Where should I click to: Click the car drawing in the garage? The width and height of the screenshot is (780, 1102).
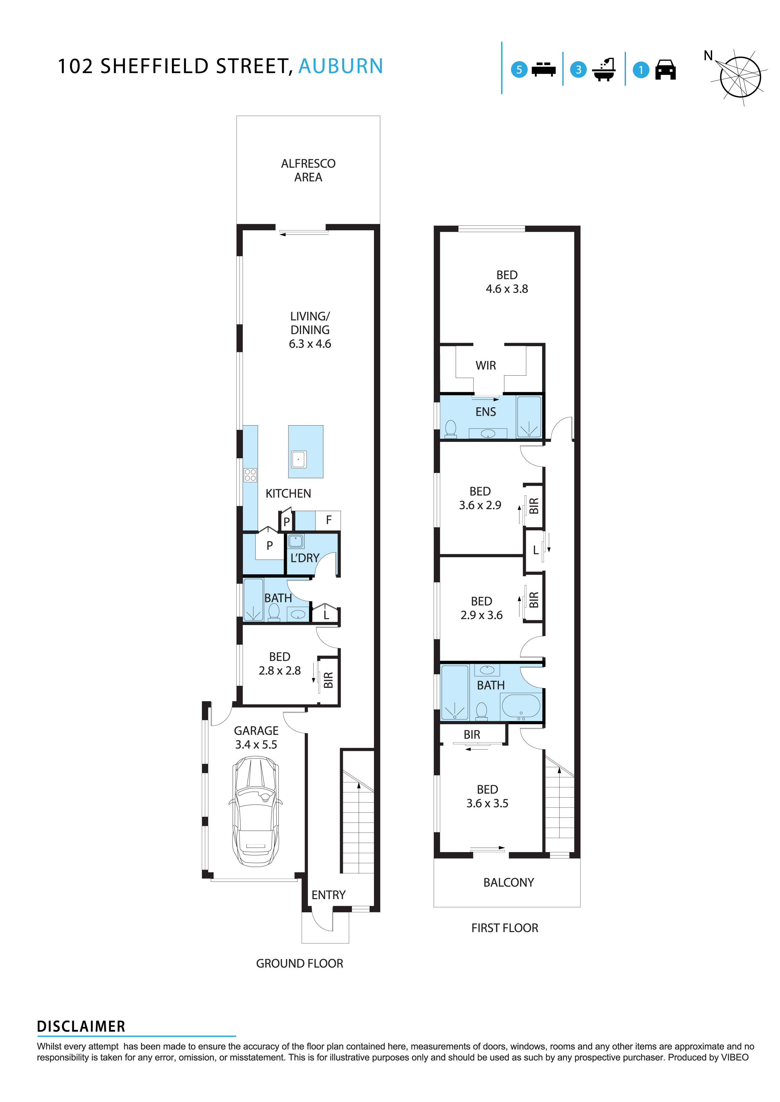point(255,811)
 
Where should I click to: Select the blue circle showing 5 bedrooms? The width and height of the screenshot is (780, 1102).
point(519,70)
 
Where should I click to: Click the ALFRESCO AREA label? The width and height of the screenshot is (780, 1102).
point(308,171)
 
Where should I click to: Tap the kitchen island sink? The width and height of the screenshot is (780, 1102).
point(298,459)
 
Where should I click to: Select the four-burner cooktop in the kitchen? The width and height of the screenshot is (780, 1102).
point(250,475)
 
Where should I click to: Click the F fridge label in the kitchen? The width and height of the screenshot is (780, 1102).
point(328,520)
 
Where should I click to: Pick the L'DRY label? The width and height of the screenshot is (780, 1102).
point(305,558)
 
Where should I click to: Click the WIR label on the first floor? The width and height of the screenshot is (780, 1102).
point(486,365)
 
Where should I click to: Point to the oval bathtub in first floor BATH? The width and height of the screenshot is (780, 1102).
point(521,706)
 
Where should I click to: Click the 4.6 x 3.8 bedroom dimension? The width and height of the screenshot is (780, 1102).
point(507,289)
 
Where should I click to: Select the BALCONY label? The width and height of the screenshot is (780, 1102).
point(508,882)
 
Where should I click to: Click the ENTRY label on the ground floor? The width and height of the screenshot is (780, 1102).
point(328,895)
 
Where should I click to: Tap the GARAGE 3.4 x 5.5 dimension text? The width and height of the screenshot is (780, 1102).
point(256,744)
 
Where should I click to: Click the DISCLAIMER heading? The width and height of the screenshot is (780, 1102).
point(81,1027)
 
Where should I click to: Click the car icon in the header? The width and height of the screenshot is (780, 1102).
point(665,70)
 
